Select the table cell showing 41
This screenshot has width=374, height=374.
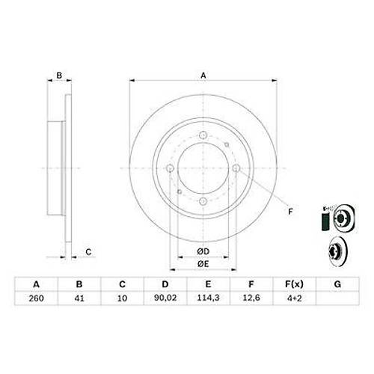pyautogui.click(x=79, y=297)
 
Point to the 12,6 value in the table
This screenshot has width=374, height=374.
pyautogui.click(x=252, y=297)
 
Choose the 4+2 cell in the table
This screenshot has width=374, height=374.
pyautogui.click(x=295, y=297)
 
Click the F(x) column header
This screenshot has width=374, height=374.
pyautogui.click(x=295, y=284)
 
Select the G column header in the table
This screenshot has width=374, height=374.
pyautogui.click(x=337, y=284)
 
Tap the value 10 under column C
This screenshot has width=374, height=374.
pyautogui.click(x=123, y=297)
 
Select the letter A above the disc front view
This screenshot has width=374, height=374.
pyautogui.click(x=202, y=75)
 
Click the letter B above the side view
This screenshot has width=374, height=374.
pyautogui.click(x=59, y=75)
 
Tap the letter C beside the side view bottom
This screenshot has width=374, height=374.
pyautogui.click(x=88, y=251)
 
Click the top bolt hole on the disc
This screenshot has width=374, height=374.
pyautogui.click(x=202, y=135)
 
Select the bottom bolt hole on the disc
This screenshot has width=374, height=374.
pyautogui.click(x=202, y=202)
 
